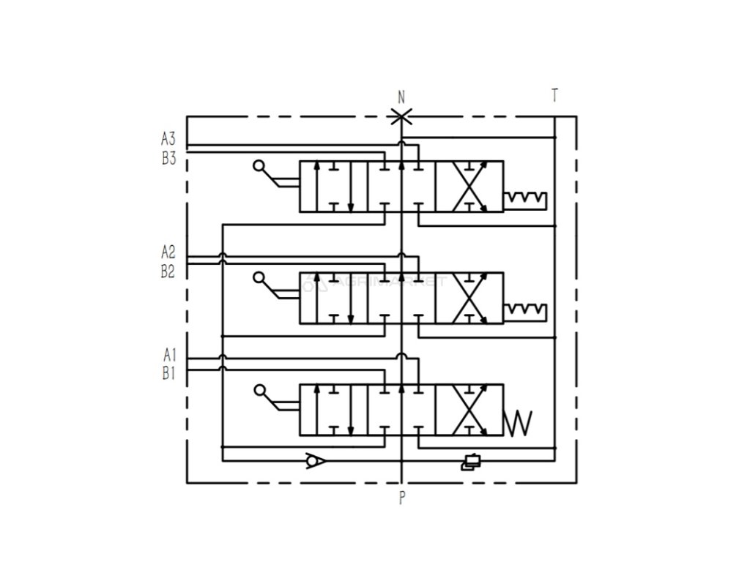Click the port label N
(401, 97)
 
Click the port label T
(555, 96)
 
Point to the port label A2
(169, 253)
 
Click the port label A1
(170, 356)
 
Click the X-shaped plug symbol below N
(401, 116)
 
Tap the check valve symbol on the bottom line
(316, 461)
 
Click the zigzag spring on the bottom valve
(519, 422)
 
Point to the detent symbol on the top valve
(526, 199)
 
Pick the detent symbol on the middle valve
(526, 310)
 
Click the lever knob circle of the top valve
(258, 166)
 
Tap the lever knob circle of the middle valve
(258, 277)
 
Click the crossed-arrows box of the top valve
(469, 187)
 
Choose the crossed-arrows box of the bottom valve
(469, 411)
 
